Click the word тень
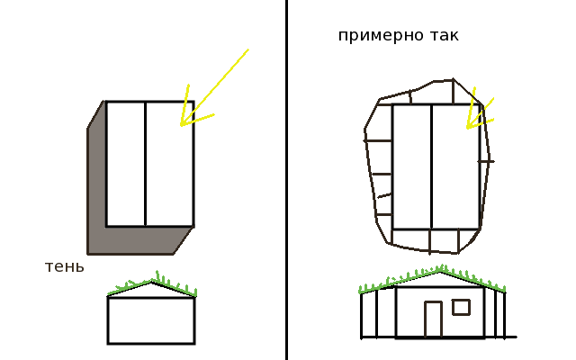pos(65,267)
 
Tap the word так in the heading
pos(441,36)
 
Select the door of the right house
pos(433,319)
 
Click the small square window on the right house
pos(461,307)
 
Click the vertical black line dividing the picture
pos(286,180)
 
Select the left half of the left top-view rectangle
pos(125,164)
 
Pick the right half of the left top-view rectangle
pos(169,164)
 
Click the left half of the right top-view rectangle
pos(411,166)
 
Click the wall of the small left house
pos(151,320)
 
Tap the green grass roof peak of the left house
pos(152,280)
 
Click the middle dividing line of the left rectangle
pos(145,164)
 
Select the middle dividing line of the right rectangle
pos(431,166)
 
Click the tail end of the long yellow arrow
pos(246,50)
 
